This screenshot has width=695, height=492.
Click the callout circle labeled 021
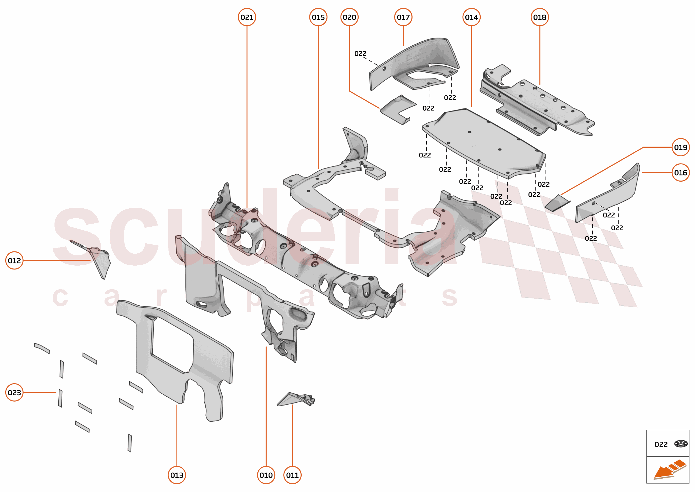(x=247, y=17)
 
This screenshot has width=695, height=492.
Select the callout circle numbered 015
(x=318, y=17)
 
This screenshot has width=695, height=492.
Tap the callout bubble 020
(x=349, y=17)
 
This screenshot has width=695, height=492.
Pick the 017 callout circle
(x=403, y=17)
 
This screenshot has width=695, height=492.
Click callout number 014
(x=471, y=17)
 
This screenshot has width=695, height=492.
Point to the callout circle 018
(x=539, y=17)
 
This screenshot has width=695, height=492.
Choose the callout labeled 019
(x=680, y=147)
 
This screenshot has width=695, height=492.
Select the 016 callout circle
(x=680, y=173)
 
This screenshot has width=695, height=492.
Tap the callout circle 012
(x=14, y=260)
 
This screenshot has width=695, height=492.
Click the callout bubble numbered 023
(x=14, y=392)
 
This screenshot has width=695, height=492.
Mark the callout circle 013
(x=177, y=475)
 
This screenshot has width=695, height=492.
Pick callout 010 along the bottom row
(x=266, y=475)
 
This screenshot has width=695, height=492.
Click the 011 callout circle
(x=292, y=475)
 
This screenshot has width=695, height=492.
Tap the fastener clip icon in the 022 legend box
(x=681, y=444)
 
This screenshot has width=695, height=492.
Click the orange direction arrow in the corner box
(x=669, y=470)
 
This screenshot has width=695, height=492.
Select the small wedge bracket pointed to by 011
(x=295, y=400)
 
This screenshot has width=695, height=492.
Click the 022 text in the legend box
(x=661, y=444)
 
